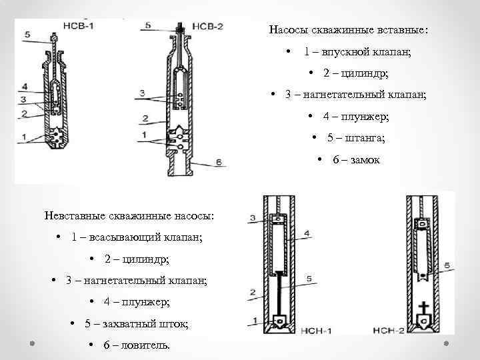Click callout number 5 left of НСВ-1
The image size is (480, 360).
26,35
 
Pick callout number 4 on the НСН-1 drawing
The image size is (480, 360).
306,233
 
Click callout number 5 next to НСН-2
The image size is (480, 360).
447,265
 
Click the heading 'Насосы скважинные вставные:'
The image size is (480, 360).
349,30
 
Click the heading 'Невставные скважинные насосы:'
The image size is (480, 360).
129,215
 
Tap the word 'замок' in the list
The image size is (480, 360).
365,160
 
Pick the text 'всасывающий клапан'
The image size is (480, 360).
147,237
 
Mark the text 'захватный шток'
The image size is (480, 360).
155,323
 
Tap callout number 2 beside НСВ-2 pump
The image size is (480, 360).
143,119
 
